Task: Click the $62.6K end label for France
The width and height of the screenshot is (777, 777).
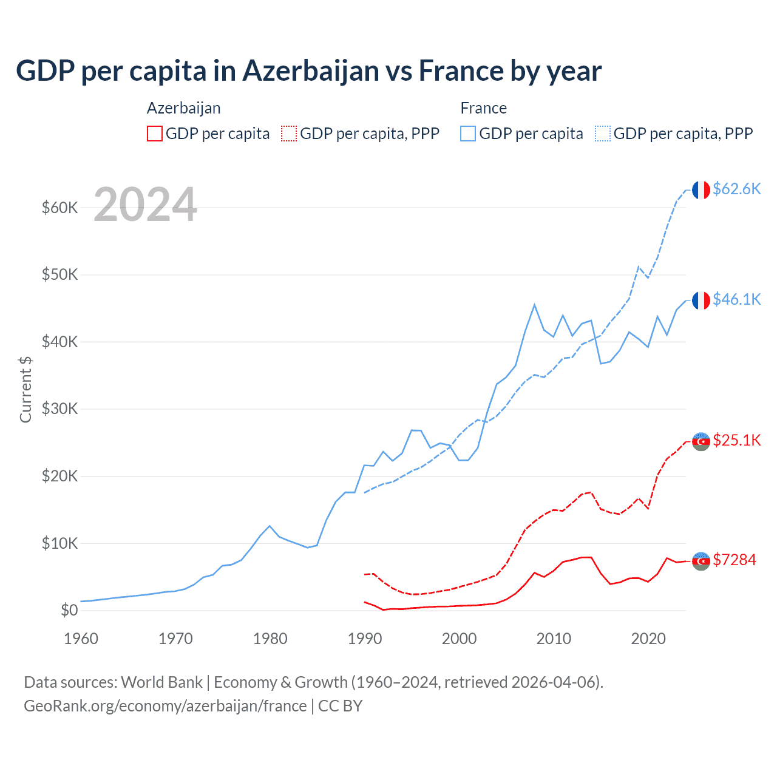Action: tap(736, 189)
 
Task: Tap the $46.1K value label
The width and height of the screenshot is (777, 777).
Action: tap(736, 299)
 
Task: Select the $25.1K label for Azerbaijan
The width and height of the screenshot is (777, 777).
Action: tap(736, 440)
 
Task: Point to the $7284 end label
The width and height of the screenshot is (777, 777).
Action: tap(735, 560)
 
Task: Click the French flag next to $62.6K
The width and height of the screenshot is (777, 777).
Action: tap(701, 190)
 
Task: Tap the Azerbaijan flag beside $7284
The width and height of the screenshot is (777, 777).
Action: tap(701, 561)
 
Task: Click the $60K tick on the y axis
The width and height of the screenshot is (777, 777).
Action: tap(59, 208)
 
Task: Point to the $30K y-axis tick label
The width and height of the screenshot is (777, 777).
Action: tap(59, 409)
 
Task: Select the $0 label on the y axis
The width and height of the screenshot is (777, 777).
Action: tap(69, 610)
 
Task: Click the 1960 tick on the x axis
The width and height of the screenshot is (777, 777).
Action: tap(81, 639)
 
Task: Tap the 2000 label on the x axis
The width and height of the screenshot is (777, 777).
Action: tap(460, 639)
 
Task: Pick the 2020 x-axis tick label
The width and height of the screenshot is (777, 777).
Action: tap(648, 639)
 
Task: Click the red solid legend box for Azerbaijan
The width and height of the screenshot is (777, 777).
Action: tap(155, 134)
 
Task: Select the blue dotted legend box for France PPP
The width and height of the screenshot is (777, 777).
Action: tap(603, 134)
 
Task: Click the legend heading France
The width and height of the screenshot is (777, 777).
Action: tap(483, 108)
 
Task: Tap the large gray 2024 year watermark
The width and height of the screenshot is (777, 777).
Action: tap(145, 205)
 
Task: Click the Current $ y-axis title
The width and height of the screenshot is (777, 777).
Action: tap(25, 389)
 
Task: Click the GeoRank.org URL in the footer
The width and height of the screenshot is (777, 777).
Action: tap(165, 706)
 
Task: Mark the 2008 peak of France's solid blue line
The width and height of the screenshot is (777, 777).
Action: tap(534, 305)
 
